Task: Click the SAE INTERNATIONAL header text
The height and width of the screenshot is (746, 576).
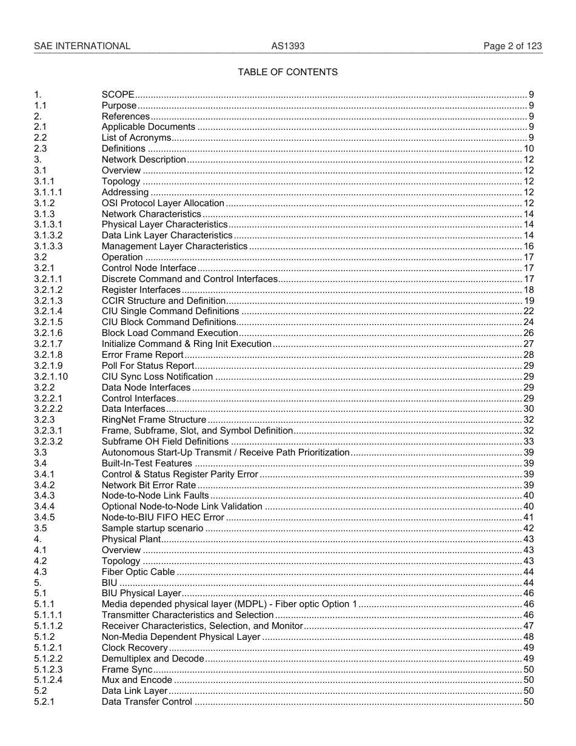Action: tap(82, 46)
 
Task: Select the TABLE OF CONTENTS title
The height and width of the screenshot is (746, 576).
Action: tap(287, 72)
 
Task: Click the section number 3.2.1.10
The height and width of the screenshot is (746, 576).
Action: tap(51, 377)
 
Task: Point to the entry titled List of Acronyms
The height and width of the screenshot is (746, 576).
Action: tap(136, 138)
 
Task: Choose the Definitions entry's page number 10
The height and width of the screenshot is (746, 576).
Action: tap(528, 149)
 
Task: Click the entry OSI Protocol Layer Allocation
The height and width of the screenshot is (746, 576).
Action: tap(162, 203)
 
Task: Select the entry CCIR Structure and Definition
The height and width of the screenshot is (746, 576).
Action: tap(163, 301)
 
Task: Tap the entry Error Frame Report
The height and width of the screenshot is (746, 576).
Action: tap(142, 355)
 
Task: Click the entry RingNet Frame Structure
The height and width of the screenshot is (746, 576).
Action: tap(153, 420)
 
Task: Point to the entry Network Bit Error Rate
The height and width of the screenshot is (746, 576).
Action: tap(149, 485)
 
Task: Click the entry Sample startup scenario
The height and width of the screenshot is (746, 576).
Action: tap(152, 529)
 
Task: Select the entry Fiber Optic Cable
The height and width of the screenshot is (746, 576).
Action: tap(138, 572)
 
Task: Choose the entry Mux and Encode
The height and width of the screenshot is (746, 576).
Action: tap(136, 680)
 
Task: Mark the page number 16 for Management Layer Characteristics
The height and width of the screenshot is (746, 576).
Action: tap(528, 246)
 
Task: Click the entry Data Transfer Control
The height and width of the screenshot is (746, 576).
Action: tap(147, 702)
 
